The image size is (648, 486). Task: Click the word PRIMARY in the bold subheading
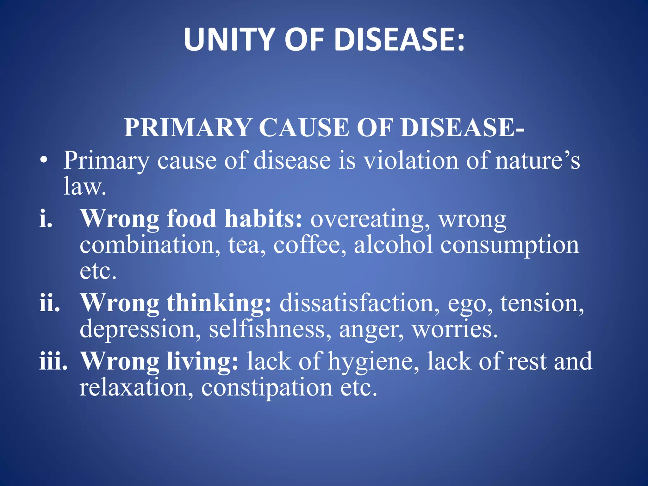(x=187, y=128)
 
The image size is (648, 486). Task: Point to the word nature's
(x=537, y=161)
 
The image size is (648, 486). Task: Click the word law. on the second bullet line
(x=84, y=187)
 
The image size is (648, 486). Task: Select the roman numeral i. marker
(x=46, y=219)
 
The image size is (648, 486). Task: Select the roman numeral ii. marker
(x=49, y=303)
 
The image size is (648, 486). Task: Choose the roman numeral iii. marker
(x=53, y=361)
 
